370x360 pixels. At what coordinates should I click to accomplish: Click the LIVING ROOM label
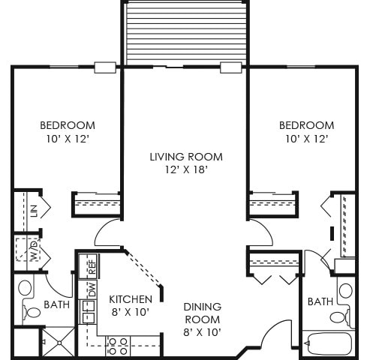185,157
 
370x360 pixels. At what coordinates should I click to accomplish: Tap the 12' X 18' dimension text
185,169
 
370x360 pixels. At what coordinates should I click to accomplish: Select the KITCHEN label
131,298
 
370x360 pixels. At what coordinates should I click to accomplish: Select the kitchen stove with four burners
118,346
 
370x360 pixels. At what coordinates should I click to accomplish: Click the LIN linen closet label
33,211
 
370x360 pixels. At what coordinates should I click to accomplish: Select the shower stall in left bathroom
57,342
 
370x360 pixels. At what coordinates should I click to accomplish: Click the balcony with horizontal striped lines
185,34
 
